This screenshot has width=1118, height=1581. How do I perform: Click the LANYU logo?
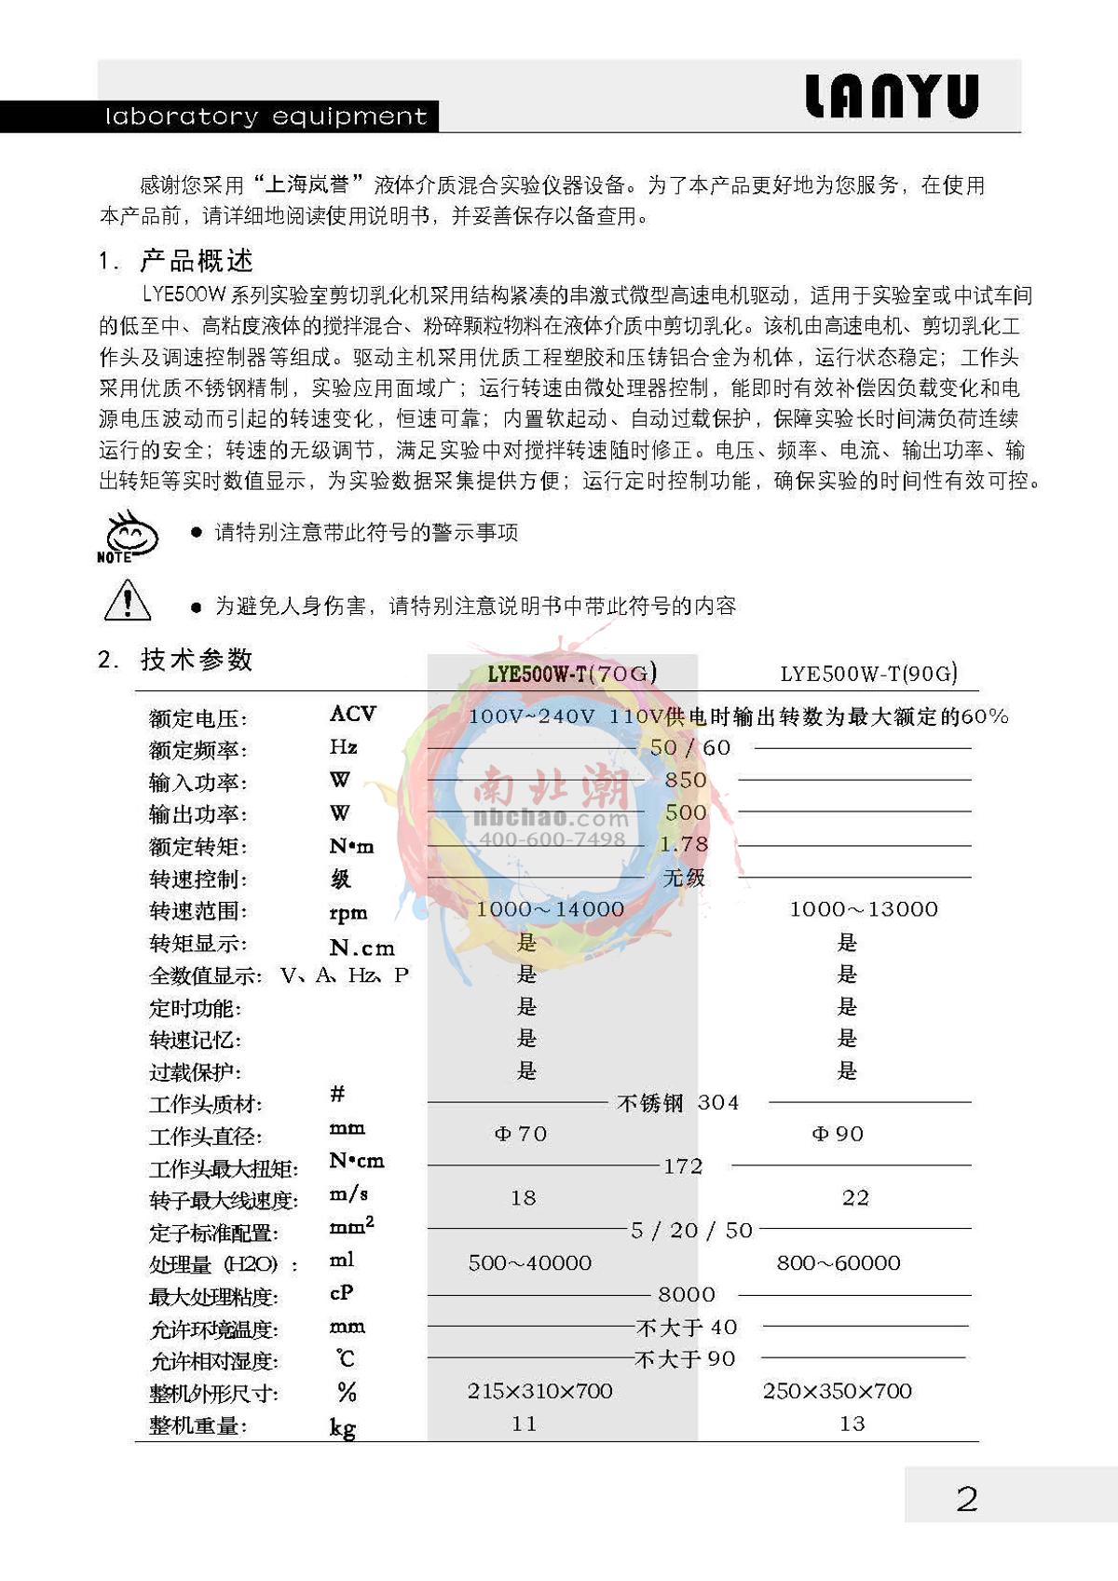[892, 97]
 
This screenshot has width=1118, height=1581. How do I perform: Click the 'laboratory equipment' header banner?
[266, 116]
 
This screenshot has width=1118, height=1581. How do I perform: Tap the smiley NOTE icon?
[128, 536]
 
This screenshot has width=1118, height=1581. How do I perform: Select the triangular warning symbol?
[128, 600]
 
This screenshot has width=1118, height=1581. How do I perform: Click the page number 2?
[967, 1499]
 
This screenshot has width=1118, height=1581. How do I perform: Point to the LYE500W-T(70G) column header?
[572, 673]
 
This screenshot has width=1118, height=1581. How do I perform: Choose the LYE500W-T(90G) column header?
[868, 673]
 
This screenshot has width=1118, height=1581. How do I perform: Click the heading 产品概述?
[197, 261]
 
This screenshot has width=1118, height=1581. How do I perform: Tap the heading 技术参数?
[197, 660]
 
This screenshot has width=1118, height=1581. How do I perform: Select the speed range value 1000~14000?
[550, 909]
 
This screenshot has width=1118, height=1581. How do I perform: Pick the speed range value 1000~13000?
[864, 909]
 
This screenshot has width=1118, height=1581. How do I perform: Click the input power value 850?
[686, 780]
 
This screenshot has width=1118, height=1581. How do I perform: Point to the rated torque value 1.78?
[684, 844]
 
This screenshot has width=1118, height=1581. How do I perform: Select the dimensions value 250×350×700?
[838, 1391]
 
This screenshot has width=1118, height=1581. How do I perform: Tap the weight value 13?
[852, 1424]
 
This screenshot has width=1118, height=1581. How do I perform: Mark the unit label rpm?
[348, 913]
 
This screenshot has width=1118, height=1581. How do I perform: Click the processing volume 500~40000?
[530, 1262]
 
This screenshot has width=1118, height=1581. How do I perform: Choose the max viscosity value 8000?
[687, 1294]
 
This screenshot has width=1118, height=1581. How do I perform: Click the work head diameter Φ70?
[521, 1134]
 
